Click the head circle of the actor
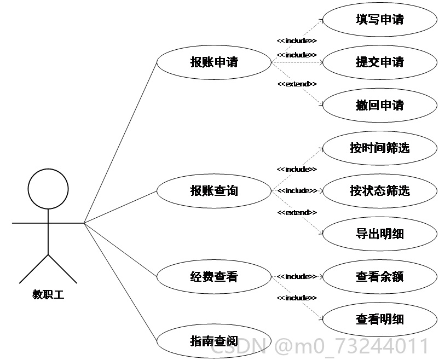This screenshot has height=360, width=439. [48, 169]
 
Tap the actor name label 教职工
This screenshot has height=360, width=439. [48, 294]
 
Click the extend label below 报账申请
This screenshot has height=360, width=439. [297, 84]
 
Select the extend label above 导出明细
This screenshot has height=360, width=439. [297, 212]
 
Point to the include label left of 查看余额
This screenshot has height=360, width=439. [297, 277]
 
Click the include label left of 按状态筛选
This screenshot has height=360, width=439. [297, 190]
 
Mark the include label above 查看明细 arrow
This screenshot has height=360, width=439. [297, 298]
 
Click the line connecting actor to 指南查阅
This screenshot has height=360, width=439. [120, 282]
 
